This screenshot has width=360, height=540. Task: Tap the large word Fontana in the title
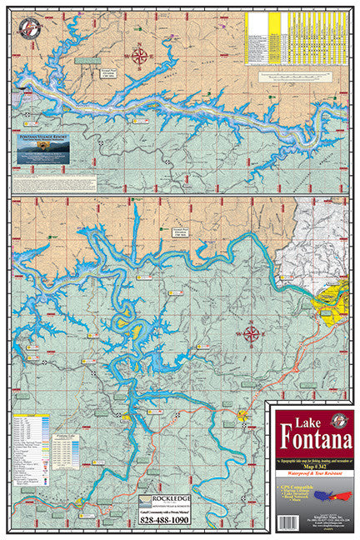pyautogui.click(x=310, y=437)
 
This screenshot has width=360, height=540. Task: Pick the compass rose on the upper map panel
pyautogui.click(x=140, y=57)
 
